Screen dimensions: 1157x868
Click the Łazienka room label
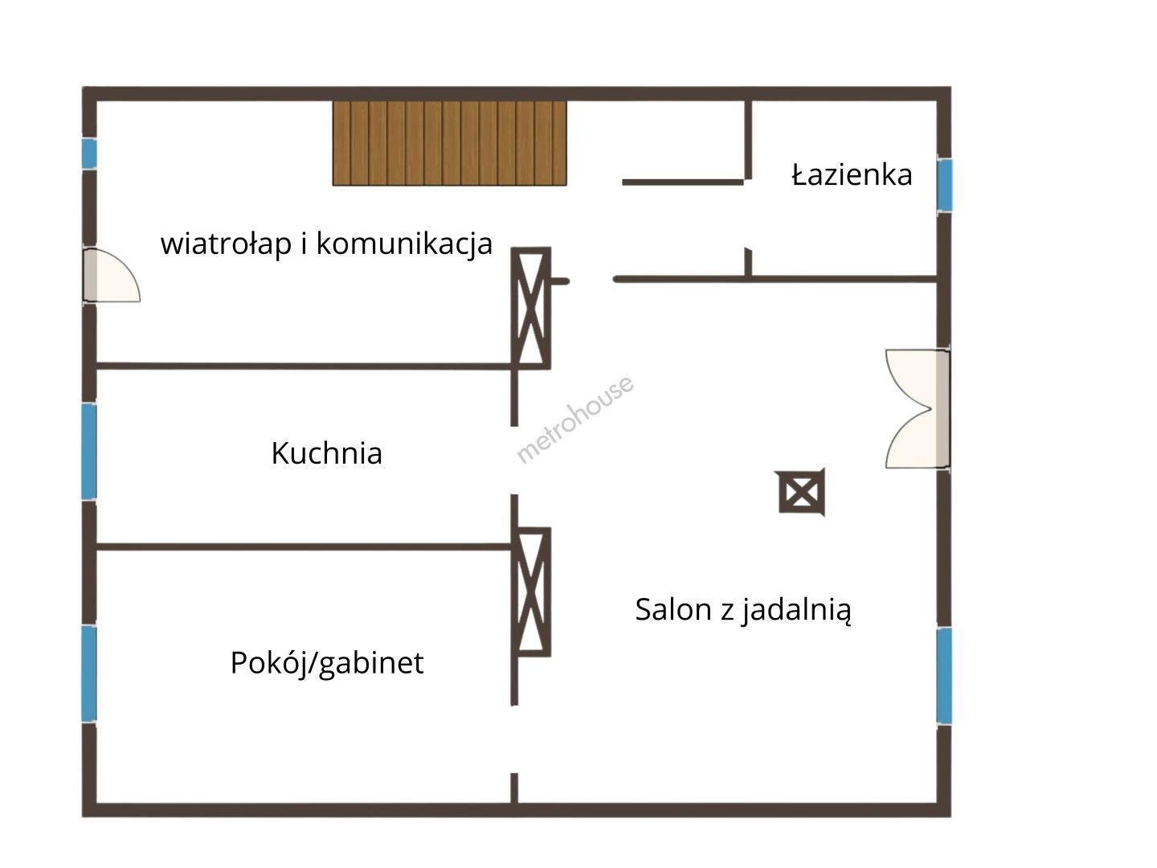851,174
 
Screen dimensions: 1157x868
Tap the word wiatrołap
226,244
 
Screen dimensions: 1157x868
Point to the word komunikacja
404,244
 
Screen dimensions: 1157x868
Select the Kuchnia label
327,452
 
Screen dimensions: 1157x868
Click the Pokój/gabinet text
327,663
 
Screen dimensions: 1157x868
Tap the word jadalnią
796,610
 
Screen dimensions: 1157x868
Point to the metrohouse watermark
574,420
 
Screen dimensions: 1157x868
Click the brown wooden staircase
450,143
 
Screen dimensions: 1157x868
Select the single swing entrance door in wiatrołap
112,275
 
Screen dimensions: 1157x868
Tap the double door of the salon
918,408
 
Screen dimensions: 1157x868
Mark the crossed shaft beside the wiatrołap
531,308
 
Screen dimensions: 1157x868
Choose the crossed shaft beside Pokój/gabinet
531,592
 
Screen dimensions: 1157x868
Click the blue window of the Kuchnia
89,451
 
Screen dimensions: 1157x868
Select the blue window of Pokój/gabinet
89,674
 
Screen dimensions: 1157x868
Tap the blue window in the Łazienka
945,185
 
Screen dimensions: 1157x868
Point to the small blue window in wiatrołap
89,154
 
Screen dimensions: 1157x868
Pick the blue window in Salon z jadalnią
945,676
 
